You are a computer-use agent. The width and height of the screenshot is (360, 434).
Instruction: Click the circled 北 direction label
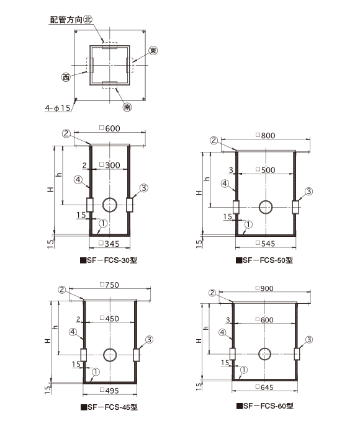(88, 19)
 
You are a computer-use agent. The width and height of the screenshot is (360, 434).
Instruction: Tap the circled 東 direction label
(153, 50)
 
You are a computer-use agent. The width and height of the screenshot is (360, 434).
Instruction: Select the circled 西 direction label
(66, 77)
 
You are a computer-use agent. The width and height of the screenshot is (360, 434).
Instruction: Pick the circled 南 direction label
(127, 107)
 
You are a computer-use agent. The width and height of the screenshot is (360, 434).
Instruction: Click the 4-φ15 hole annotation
(58, 108)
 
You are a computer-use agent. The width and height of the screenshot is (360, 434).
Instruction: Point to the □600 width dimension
(110, 128)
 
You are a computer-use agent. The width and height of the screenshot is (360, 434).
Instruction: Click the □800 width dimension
(266, 135)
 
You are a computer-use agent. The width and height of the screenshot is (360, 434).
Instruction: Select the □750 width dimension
(109, 285)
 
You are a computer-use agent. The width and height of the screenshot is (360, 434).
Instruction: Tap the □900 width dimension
(264, 288)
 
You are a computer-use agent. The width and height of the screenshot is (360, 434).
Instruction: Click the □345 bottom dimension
(109, 244)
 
